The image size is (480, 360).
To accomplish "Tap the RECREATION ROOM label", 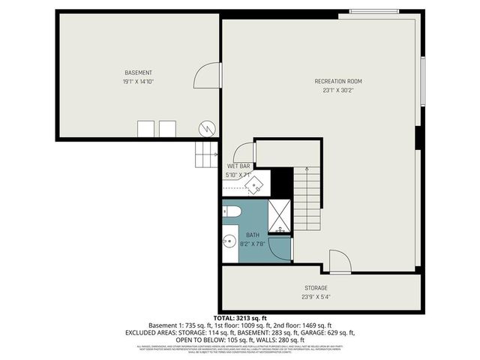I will (338, 81).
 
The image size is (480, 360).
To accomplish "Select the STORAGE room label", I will (316, 287).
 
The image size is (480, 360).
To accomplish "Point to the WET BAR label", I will (238, 166).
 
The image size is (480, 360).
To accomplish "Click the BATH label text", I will (253, 235).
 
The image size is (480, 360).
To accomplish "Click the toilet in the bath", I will (231, 212).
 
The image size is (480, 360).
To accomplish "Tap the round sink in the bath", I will (228, 242).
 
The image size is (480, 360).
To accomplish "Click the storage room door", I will (339, 260).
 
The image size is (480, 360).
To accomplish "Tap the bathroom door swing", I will (280, 247).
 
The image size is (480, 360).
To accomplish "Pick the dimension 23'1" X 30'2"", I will (338, 90).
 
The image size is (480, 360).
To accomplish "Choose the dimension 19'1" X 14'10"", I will (139, 82).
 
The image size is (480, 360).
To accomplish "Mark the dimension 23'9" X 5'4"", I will (316, 296).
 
